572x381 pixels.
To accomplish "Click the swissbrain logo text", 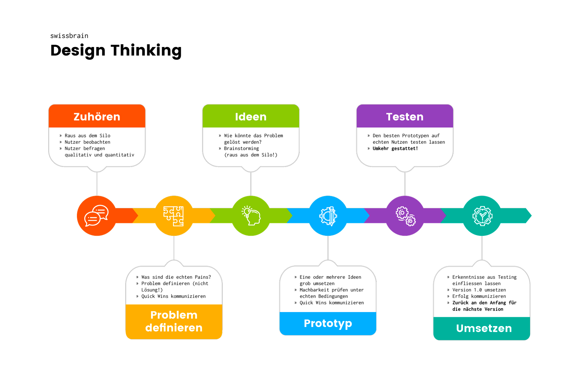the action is pos(69,36).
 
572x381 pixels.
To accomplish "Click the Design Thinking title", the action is pos(116,50).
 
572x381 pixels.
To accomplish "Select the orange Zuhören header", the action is pos(97,117).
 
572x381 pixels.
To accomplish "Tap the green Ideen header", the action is pos(251,117).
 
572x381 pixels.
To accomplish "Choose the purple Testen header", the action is pos(405,117).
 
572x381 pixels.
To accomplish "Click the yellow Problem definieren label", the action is pos(174,321).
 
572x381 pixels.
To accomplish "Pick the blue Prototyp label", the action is pos(328,323).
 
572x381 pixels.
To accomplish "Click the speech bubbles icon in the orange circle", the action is pos(97,216).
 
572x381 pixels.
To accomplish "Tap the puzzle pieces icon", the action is pos(174,216).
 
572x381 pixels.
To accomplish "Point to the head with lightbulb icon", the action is pos(251,216).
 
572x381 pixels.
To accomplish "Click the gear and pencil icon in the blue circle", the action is pos(328,216).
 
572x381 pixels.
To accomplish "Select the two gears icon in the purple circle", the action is pos(405,216).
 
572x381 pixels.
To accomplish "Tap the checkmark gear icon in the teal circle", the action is pos(482,216).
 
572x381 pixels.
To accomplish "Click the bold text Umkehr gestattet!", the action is pos(395,149).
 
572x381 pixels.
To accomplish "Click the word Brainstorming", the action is pos(242,149).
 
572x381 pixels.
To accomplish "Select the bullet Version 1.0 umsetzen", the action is pos(477,290).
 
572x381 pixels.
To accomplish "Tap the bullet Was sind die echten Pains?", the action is pos(174,277).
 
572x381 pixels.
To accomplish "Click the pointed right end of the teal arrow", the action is pos(531,216).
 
